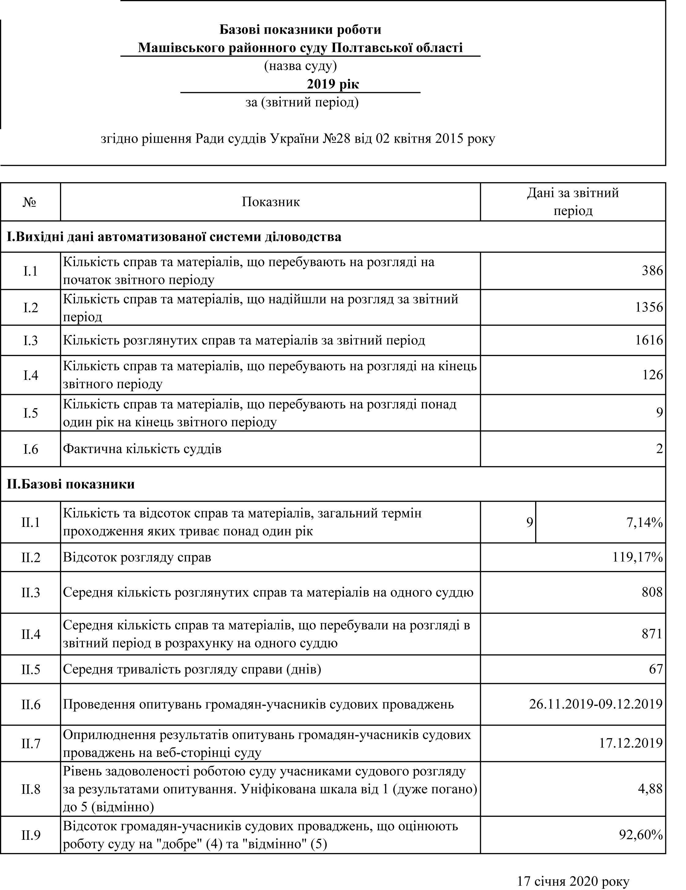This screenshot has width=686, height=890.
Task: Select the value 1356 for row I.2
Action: tap(649, 307)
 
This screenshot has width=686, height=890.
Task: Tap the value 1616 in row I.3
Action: tap(649, 340)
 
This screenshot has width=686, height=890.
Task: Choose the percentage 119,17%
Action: tap(638, 558)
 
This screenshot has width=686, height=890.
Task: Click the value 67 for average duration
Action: tap(656, 669)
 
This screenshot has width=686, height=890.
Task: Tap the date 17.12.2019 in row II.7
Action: tap(631, 743)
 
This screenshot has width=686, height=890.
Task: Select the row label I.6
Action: tap(31, 449)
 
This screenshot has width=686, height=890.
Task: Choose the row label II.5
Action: tap(31, 669)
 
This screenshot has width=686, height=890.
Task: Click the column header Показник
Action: tap(270, 202)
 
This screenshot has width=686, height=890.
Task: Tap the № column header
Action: tap(30, 202)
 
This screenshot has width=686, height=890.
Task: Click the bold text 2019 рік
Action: tap(333, 84)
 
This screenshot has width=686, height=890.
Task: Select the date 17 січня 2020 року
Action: tap(573, 881)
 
